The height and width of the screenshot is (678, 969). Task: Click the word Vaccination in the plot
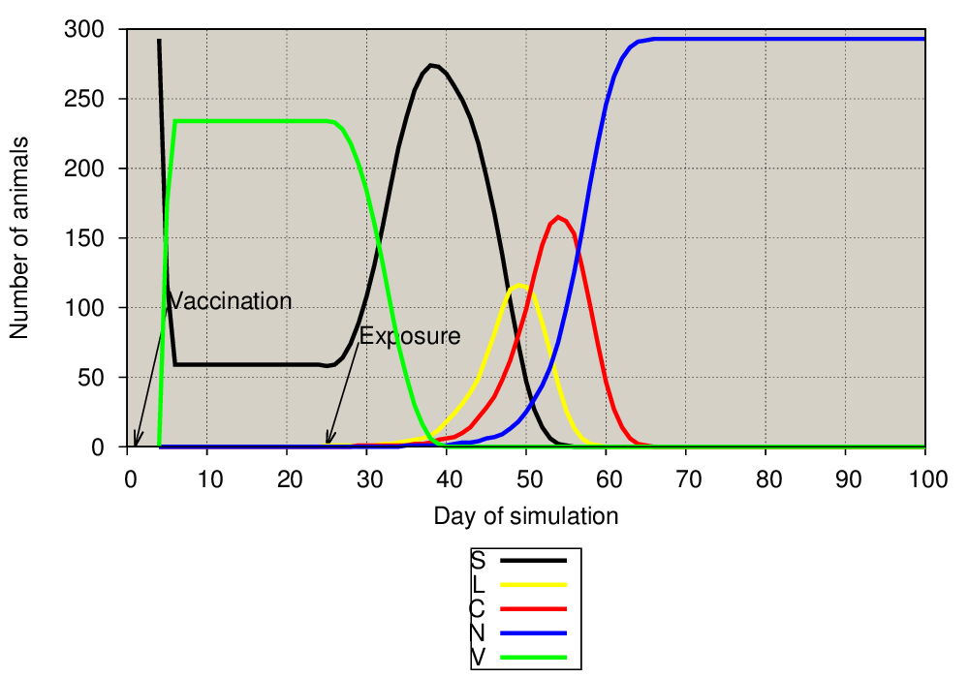click(x=230, y=300)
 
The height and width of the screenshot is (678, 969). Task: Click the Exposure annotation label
click(x=410, y=336)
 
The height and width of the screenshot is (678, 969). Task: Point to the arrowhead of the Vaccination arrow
click(x=136, y=444)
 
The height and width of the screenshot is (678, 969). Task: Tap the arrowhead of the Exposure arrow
click(x=328, y=442)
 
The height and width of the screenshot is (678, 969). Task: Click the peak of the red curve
click(x=558, y=217)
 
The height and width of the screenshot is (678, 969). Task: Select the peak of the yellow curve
click(x=518, y=286)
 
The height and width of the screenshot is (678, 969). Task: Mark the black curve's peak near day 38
click(x=431, y=65)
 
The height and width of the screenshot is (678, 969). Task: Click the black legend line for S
click(x=533, y=561)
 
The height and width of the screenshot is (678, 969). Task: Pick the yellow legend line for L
click(x=533, y=585)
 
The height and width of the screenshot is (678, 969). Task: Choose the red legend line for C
click(x=533, y=609)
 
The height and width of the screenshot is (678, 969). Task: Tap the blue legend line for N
click(x=533, y=632)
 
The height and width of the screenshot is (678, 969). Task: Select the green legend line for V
click(x=533, y=657)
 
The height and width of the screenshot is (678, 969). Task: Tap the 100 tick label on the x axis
click(x=927, y=479)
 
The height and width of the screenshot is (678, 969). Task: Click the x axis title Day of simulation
click(x=526, y=516)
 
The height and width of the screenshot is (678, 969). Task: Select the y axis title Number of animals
click(x=19, y=237)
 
